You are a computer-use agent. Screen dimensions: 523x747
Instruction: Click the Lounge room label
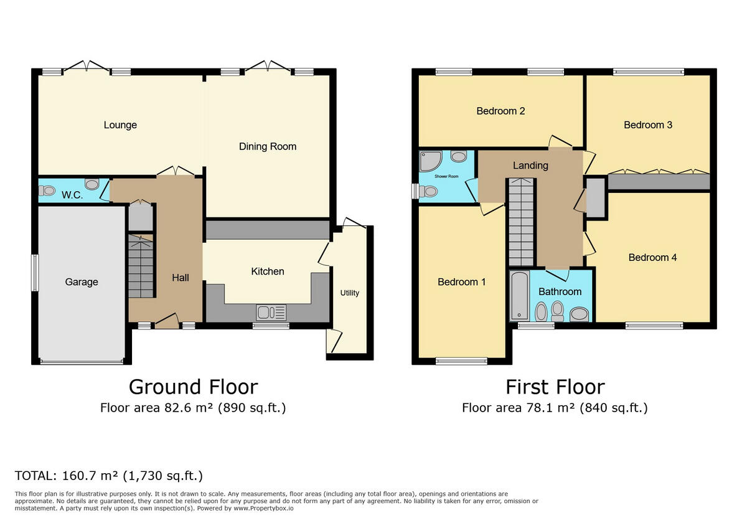(120, 125)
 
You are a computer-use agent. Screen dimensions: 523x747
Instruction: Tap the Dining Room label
(268, 147)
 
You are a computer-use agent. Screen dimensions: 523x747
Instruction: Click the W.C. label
(72, 195)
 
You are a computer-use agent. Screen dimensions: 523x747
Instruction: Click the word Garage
(82, 282)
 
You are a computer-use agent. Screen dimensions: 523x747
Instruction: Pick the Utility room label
(349, 293)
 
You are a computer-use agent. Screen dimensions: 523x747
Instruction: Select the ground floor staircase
(141, 266)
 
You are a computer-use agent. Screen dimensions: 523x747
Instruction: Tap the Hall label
(181, 278)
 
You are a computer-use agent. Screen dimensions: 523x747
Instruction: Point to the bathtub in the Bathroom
(519, 296)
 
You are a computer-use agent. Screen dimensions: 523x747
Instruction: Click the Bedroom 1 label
(461, 282)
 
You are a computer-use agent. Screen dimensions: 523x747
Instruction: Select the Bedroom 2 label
(500, 111)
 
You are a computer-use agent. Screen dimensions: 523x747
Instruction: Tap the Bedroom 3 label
(648, 125)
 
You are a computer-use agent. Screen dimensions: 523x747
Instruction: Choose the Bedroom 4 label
(652, 258)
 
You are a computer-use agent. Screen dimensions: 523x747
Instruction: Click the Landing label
(530, 166)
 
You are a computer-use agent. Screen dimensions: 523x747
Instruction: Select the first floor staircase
(522, 221)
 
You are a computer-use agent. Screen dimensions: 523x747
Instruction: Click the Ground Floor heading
(193, 387)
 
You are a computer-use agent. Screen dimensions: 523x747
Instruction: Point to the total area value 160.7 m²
(91, 476)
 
